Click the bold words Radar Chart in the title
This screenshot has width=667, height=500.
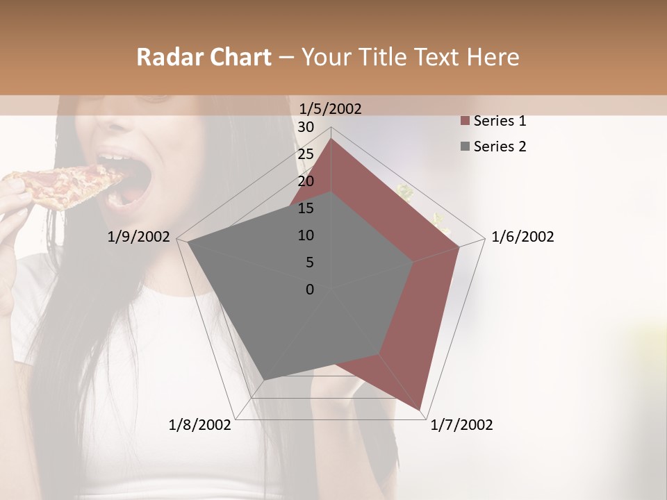[x=204, y=57]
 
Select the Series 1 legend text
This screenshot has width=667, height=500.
[x=500, y=121]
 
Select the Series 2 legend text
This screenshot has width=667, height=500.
[x=500, y=147]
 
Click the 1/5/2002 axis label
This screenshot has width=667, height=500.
[x=330, y=108]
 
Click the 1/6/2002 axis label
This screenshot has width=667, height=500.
[x=522, y=237]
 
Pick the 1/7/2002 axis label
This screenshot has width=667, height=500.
[x=461, y=425]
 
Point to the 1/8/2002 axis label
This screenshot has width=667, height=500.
[x=200, y=425]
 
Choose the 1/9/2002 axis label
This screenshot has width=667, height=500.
[x=139, y=237]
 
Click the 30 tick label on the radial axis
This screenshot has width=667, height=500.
[x=306, y=127]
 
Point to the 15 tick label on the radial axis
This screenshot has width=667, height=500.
[x=306, y=208]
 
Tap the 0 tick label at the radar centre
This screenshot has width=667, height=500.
[x=310, y=290]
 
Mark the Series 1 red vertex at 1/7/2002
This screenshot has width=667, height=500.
[x=420, y=410]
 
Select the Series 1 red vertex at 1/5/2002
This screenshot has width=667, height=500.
[x=331, y=139]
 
